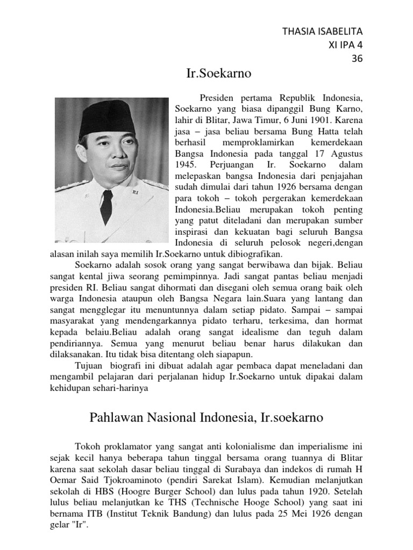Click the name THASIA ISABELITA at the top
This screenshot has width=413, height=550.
pos(323,31)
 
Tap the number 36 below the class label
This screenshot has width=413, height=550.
pos(357,59)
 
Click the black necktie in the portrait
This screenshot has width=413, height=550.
pos(106,206)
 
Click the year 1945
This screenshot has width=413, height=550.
pos(186,164)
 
